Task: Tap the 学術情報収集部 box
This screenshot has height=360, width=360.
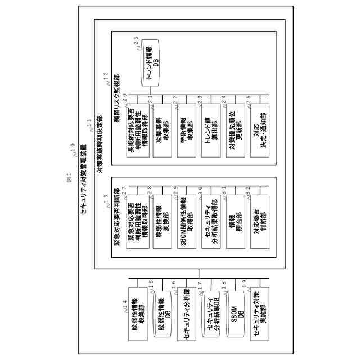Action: coord(187,130)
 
